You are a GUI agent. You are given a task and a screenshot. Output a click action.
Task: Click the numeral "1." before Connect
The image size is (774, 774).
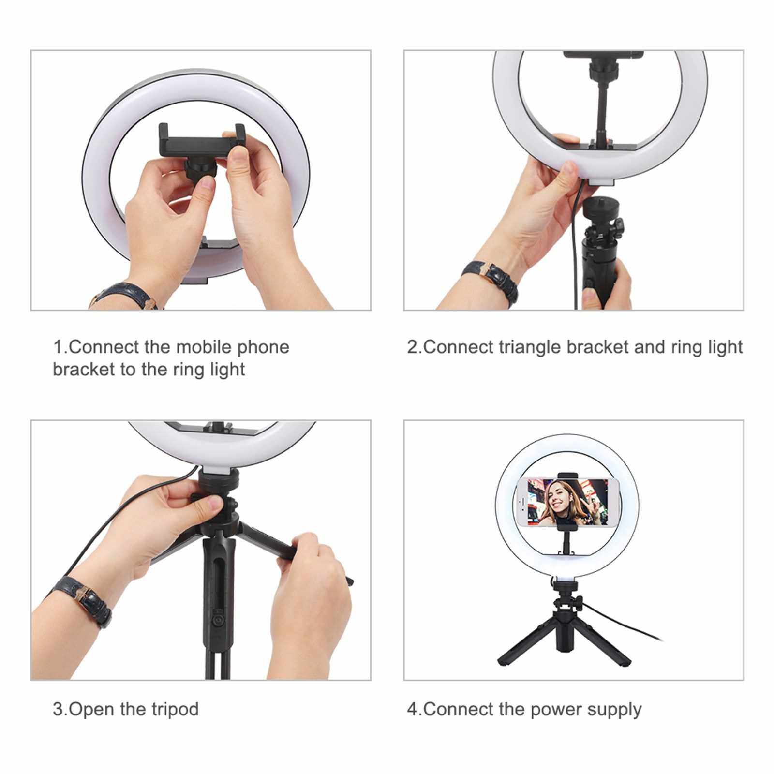60,347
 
